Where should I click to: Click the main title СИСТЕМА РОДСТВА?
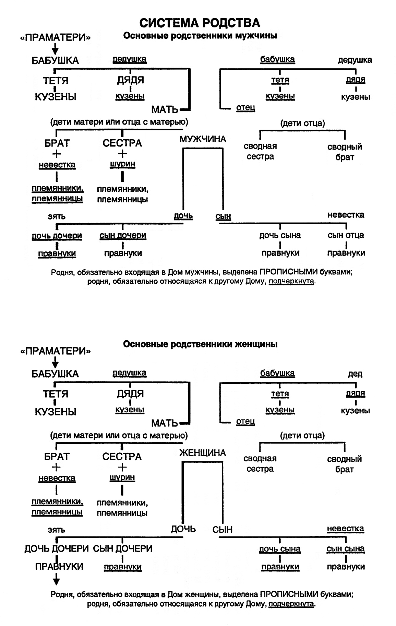(200, 23)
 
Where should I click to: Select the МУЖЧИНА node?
(203, 139)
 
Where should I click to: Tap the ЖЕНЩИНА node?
(202, 453)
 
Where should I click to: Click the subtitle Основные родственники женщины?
(200, 344)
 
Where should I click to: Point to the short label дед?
(355, 374)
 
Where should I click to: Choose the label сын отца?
(346, 235)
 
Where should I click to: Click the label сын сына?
(345, 548)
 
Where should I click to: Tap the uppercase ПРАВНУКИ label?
(59, 566)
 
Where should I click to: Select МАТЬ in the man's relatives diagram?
(165, 109)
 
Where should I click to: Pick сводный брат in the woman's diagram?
(344, 464)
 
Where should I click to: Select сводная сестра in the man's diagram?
(260, 151)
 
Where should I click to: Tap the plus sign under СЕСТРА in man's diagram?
(122, 153)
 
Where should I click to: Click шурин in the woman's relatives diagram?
(122, 477)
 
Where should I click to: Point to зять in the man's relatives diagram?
(57, 216)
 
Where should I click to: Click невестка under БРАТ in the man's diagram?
(57, 165)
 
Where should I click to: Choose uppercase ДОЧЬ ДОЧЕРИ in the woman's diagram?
(57, 548)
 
